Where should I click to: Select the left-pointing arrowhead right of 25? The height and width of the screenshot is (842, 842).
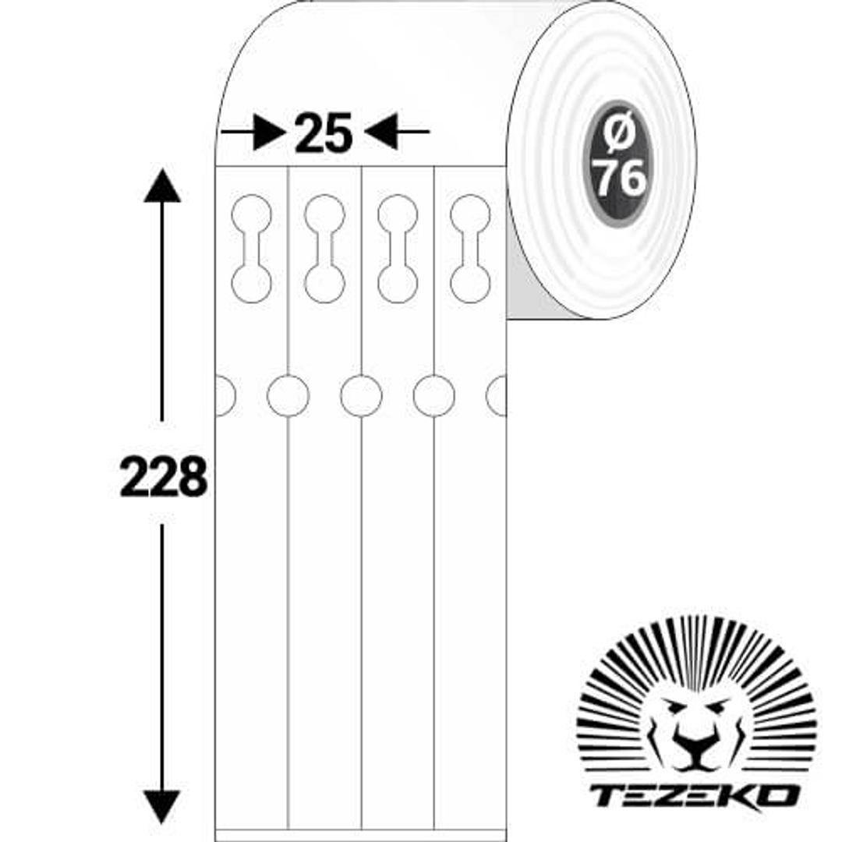pos(380,131)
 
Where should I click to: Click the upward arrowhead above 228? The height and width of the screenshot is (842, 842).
pos(161,186)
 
